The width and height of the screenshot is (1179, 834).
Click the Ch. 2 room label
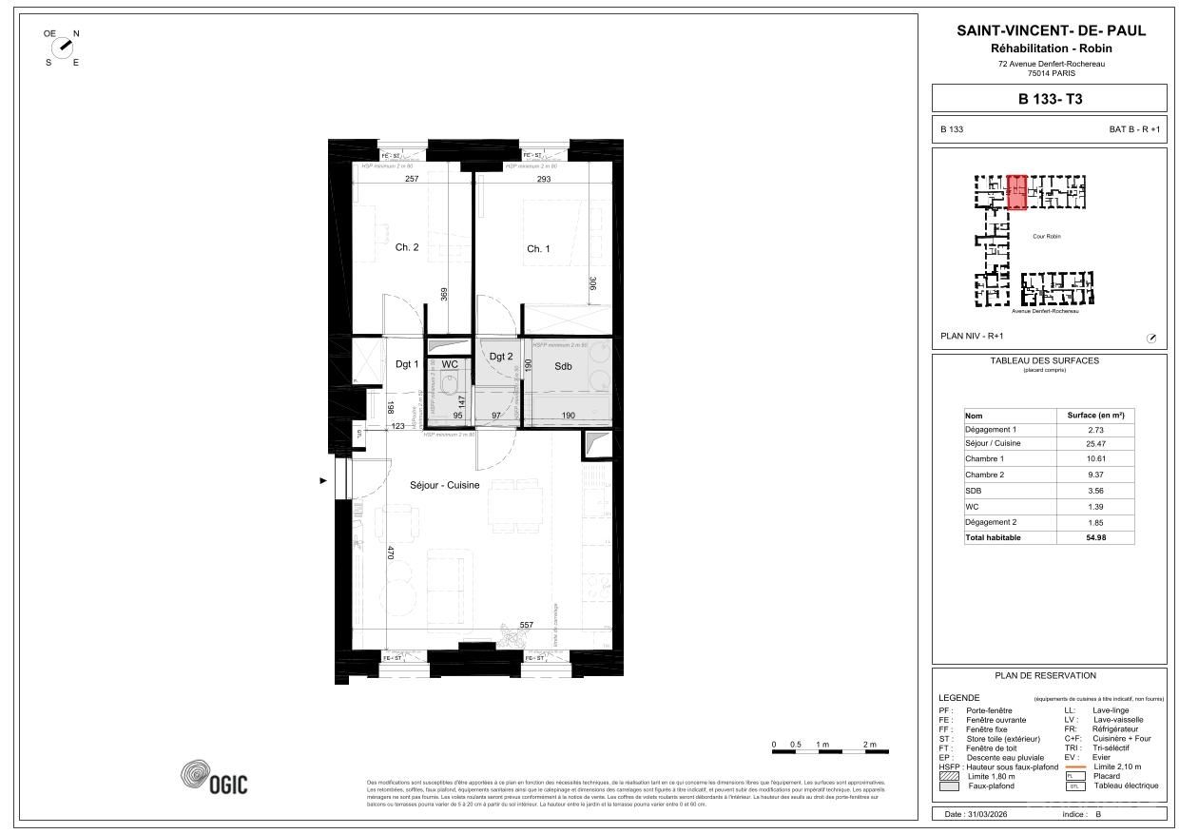(407, 247)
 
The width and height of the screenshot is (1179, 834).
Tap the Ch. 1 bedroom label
(538, 249)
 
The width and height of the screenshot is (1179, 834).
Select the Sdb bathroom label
(563, 366)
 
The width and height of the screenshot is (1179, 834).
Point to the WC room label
(450, 364)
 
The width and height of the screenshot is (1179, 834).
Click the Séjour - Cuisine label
(444, 485)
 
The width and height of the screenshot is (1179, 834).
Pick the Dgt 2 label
(501, 357)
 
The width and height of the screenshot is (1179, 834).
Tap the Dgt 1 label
(407, 364)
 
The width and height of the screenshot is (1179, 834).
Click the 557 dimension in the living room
(526, 625)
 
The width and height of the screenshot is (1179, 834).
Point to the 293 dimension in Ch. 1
(543, 179)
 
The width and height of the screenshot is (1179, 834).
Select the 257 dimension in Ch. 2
(411, 179)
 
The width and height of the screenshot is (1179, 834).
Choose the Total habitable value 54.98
(1096, 537)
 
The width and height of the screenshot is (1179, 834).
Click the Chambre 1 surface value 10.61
(1096, 459)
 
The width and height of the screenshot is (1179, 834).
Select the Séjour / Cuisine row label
(993, 444)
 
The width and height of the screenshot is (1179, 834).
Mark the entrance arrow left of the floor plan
(323, 481)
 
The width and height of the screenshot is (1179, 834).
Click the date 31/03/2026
(988, 815)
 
